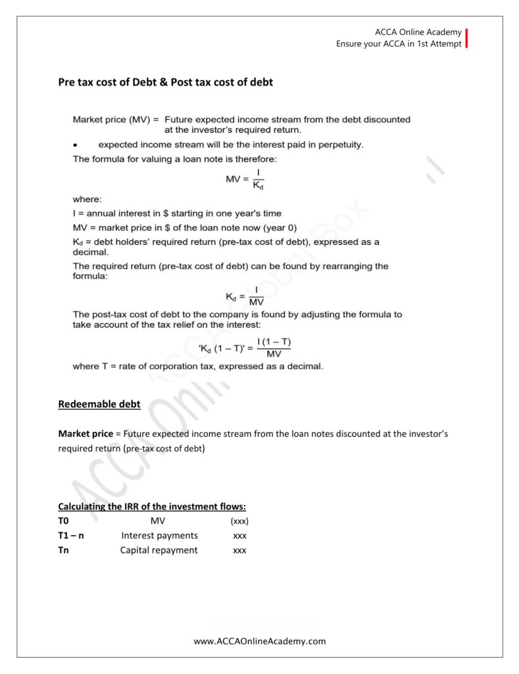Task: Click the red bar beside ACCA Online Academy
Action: click(x=466, y=39)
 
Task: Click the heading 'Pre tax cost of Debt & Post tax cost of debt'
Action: click(x=166, y=83)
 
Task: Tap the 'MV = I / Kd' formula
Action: click(x=243, y=178)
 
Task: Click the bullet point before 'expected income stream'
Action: click(x=76, y=144)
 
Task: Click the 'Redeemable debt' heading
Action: click(x=99, y=404)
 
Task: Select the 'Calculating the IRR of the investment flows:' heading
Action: click(x=152, y=507)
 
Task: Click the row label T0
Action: click(x=64, y=521)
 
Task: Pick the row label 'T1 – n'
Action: click(x=71, y=536)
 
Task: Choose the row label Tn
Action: click(x=64, y=550)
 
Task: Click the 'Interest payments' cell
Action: click(x=159, y=536)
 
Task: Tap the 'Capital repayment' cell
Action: click(x=159, y=550)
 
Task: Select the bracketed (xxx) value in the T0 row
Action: click(x=239, y=521)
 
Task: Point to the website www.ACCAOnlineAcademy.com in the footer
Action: click(x=260, y=640)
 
